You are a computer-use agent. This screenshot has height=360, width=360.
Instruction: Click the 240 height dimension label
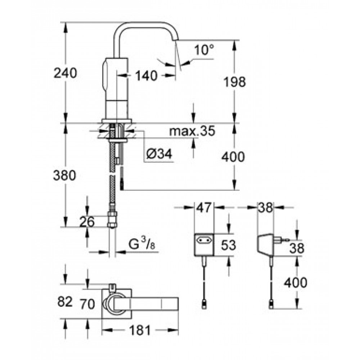[x=65, y=73]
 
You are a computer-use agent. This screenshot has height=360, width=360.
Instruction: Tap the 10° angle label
[x=204, y=50]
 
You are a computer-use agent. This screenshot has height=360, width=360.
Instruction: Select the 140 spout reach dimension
[x=147, y=76]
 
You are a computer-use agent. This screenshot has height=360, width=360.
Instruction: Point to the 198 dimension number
[x=234, y=82]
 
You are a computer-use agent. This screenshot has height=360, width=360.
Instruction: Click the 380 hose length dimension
[x=65, y=176]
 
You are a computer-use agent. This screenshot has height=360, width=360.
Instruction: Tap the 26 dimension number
[x=87, y=221]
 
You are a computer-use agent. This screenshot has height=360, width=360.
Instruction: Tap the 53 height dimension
[x=228, y=245]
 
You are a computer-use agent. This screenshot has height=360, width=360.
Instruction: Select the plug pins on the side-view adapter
[x=285, y=239]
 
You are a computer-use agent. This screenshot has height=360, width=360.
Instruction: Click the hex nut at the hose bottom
[x=113, y=220]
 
